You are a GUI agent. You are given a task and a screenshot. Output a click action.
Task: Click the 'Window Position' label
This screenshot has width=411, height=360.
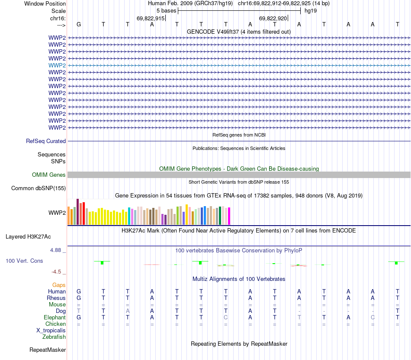click(45, 3)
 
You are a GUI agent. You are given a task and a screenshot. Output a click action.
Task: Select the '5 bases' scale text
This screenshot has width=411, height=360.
click(166, 10)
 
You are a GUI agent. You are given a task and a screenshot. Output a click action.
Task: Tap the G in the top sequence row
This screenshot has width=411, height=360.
click(79, 25)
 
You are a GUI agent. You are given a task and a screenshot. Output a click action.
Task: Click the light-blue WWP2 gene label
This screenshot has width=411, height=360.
click(57, 65)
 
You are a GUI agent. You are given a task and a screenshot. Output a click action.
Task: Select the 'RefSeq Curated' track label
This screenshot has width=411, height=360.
click(46, 141)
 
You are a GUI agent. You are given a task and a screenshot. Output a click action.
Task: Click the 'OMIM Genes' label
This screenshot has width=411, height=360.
click(49, 175)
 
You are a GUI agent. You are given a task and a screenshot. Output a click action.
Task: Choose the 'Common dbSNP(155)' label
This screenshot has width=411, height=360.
click(39, 188)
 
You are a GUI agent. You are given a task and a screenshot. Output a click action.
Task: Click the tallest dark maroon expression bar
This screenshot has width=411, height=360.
click(77, 212)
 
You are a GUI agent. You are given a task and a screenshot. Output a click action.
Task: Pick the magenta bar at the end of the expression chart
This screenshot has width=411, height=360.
click(229, 216)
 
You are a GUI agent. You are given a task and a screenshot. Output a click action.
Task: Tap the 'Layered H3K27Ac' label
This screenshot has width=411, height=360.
click(28, 236)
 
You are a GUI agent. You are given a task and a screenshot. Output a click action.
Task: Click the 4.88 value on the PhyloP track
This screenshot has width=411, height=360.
click(57, 250)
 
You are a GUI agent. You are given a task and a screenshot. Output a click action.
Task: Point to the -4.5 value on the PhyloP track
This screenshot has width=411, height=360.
click(57, 272)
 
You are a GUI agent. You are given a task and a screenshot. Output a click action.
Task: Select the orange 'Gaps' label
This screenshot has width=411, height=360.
click(59, 285)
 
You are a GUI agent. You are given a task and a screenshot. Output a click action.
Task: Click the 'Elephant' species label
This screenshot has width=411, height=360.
click(55, 318)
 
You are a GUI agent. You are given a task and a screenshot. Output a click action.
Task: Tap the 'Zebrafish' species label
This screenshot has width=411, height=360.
click(54, 337)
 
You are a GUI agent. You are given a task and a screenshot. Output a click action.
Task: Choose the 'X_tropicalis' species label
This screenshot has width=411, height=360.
click(51, 330)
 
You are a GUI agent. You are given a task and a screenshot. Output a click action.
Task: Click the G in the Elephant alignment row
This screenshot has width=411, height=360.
click(79, 318)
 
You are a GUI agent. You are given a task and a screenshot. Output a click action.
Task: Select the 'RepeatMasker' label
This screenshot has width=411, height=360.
click(48, 350)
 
